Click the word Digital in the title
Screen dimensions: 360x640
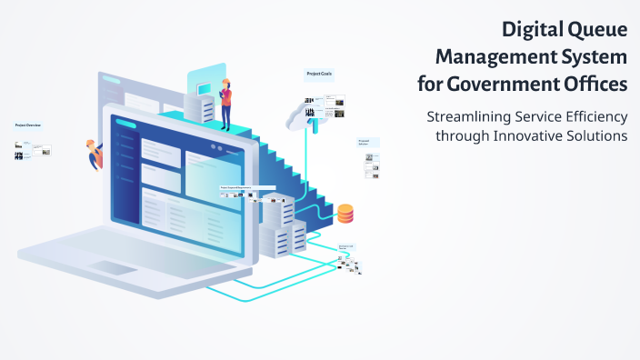pos(531,29)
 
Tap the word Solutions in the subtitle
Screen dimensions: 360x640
pos(598,135)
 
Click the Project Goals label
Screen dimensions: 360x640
pos(318,75)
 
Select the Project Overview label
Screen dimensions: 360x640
pos(27,125)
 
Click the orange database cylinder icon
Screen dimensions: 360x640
pos(345,215)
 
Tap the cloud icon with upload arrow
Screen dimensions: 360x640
pos(303,115)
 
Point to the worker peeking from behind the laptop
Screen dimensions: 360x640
pos(93,154)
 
